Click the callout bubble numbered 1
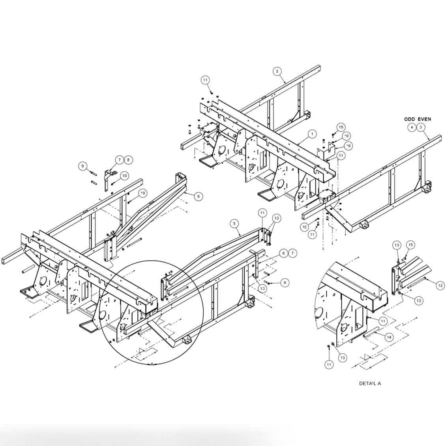pyautogui.click(x=312, y=134)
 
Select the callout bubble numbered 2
pyautogui.click(x=277, y=71)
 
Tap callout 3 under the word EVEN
pyautogui.click(x=421, y=127)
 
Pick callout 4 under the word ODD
pyautogui.click(x=412, y=127)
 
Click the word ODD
pyautogui.click(x=411, y=118)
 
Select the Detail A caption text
pyautogui.click(x=370, y=383)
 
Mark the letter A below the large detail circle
pyautogui.click(x=152, y=364)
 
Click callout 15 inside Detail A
pyautogui.click(x=410, y=245)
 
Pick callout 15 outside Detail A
pyautogui.click(x=341, y=127)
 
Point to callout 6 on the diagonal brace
pyautogui.click(x=198, y=196)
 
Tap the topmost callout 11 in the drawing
pyautogui.click(x=205, y=80)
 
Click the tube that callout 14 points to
pyautogui.click(x=372, y=332)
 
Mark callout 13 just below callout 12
pyautogui.click(x=419, y=301)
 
